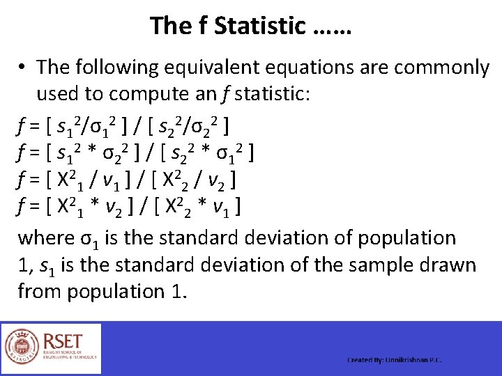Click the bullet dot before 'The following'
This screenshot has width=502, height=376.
[23, 68]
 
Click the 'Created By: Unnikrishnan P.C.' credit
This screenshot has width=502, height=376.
[395, 360]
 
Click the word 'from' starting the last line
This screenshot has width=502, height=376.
[39, 291]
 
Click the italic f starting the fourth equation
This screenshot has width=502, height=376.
[22, 207]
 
